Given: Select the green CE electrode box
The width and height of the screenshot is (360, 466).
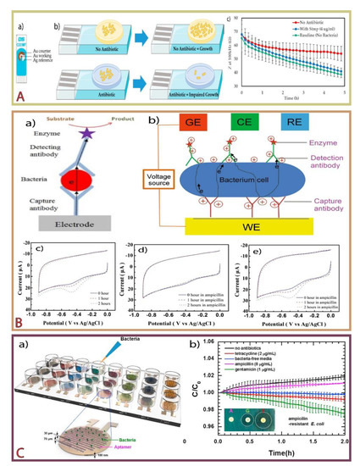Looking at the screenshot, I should [x=223, y=121].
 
